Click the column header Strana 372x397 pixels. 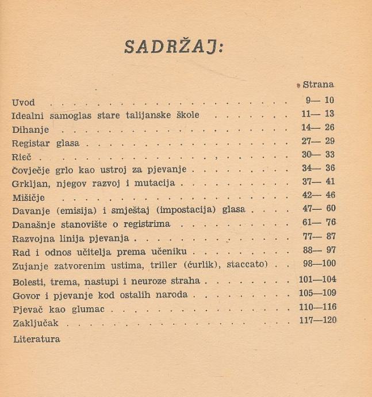(318, 84)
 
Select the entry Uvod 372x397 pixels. (23, 103)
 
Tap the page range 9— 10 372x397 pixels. (317, 100)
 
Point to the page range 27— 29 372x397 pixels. (317, 141)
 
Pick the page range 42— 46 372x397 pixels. (317, 195)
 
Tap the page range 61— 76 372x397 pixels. (317, 223)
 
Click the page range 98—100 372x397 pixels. (317, 264)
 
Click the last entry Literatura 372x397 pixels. (36, 339)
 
